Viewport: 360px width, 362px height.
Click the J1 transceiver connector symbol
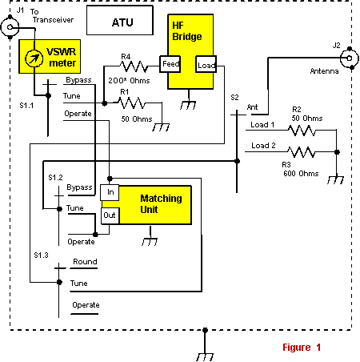(10, 27)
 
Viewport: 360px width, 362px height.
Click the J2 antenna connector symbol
(350, 58)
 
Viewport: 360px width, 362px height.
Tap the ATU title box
(120, 20)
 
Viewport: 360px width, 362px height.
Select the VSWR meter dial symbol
(34, 58)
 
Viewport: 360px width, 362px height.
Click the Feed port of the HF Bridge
(170, 64)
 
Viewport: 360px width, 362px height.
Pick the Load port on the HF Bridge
(206, 64)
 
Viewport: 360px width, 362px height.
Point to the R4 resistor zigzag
(134, 66)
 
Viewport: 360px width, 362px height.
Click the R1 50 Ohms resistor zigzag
(131, 103)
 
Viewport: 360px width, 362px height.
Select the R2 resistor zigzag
(302, 131)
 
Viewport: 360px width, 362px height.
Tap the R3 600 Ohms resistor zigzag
(302, 152)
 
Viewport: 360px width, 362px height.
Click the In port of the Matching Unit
(110, 192)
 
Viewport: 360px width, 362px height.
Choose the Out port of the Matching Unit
(110, 215)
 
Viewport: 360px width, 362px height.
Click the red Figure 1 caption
(302, 348)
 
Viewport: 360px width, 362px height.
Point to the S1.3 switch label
(41, 255)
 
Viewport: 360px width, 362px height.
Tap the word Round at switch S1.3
(85, 262)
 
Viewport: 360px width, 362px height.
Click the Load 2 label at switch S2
(263, 146)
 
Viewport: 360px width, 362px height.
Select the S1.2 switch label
(55, 178)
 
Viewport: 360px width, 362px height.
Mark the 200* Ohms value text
(129, 81)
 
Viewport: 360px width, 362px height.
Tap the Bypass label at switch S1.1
(78, 80)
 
